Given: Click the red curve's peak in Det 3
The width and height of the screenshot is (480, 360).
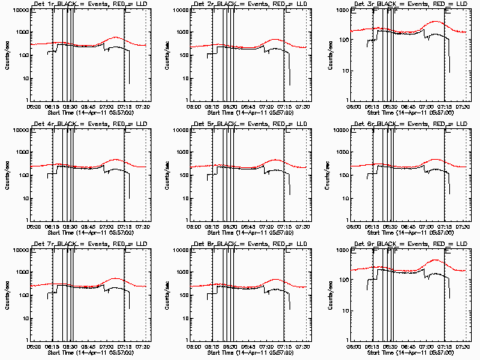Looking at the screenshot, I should coord(436,22).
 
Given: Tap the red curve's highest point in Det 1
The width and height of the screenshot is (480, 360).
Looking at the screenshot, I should coord(116,37).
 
